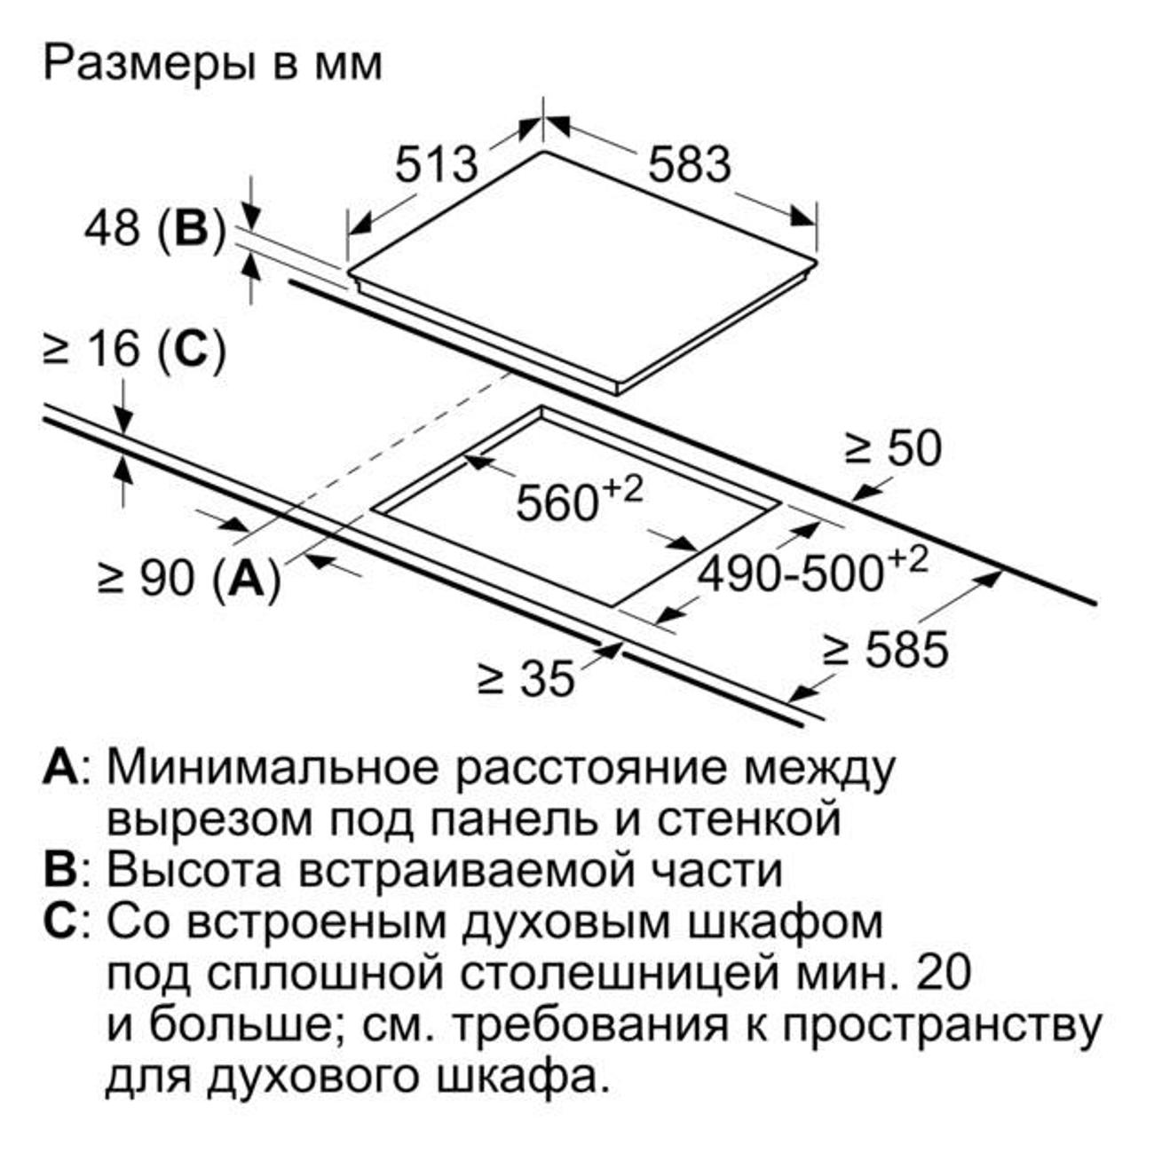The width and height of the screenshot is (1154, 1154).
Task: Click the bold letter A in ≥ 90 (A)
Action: pos(247,578)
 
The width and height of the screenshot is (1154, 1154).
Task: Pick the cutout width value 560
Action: pos(557,502)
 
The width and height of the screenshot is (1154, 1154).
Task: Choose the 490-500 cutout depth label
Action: pos(792,573)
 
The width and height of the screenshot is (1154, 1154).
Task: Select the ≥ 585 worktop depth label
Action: pos(886,650)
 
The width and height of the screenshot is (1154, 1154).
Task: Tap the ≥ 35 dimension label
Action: pos(526,678)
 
